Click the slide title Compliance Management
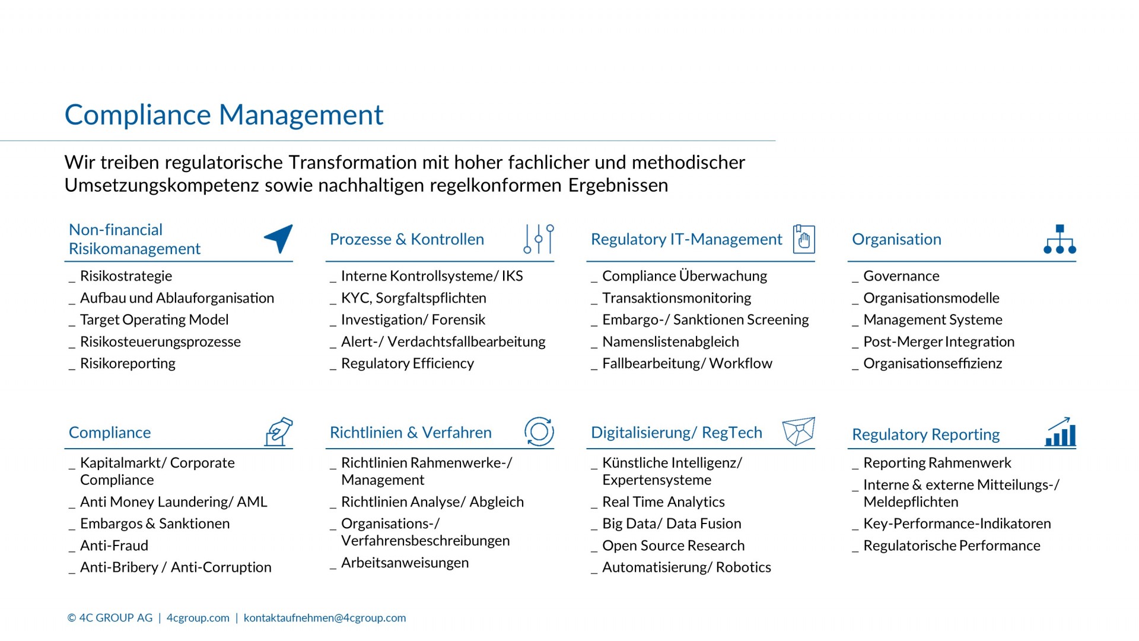[224, 115]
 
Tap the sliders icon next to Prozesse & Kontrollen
[539, 239]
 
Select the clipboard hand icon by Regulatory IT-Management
[804, 239]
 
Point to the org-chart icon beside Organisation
[1060, 239]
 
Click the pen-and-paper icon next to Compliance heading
[279, 431]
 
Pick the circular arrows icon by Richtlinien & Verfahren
[539, 431]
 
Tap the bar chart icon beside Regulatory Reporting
[1060, 431]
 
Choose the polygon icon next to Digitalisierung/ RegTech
[799, 431]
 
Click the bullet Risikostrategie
[126, 276]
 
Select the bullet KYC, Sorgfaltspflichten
[413, 298]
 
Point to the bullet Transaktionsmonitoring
[676, 298]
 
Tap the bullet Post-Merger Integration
[938, 342]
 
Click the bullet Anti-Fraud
[114, 545]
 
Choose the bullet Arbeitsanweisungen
[405, 563]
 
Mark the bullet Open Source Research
[673, 545]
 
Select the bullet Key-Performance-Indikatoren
[957, 523]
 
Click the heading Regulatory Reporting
[925, 434]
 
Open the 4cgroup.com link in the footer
[198, 618]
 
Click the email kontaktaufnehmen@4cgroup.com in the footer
[324, 618]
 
